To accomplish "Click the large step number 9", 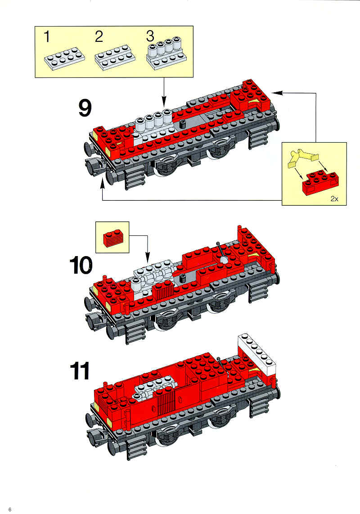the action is pyautogui.click(x=85, y=108).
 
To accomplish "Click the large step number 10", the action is pyautogui.click(x=81, y=266).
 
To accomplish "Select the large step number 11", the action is pyautogui.click(x=80, y=371).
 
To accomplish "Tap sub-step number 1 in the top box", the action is pyautogui.click(x=47, y=36).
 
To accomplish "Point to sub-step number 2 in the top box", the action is pyautogui.click(x=99, y=36).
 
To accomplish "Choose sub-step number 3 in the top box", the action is pyautogui.click(x=150, y=36).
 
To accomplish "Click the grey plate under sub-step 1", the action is pyautogui.click(x=65, y=59).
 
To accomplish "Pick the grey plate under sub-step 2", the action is pyautogui.click(x=115, y=59).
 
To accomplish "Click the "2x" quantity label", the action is pyautogui.click(x=334, y=198).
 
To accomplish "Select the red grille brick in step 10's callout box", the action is pyautogui.click(x=113, y=238).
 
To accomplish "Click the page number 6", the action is pyautogui.click(x=10, y=509).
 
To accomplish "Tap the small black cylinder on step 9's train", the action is pyautogui.click(x=182, y=124).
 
